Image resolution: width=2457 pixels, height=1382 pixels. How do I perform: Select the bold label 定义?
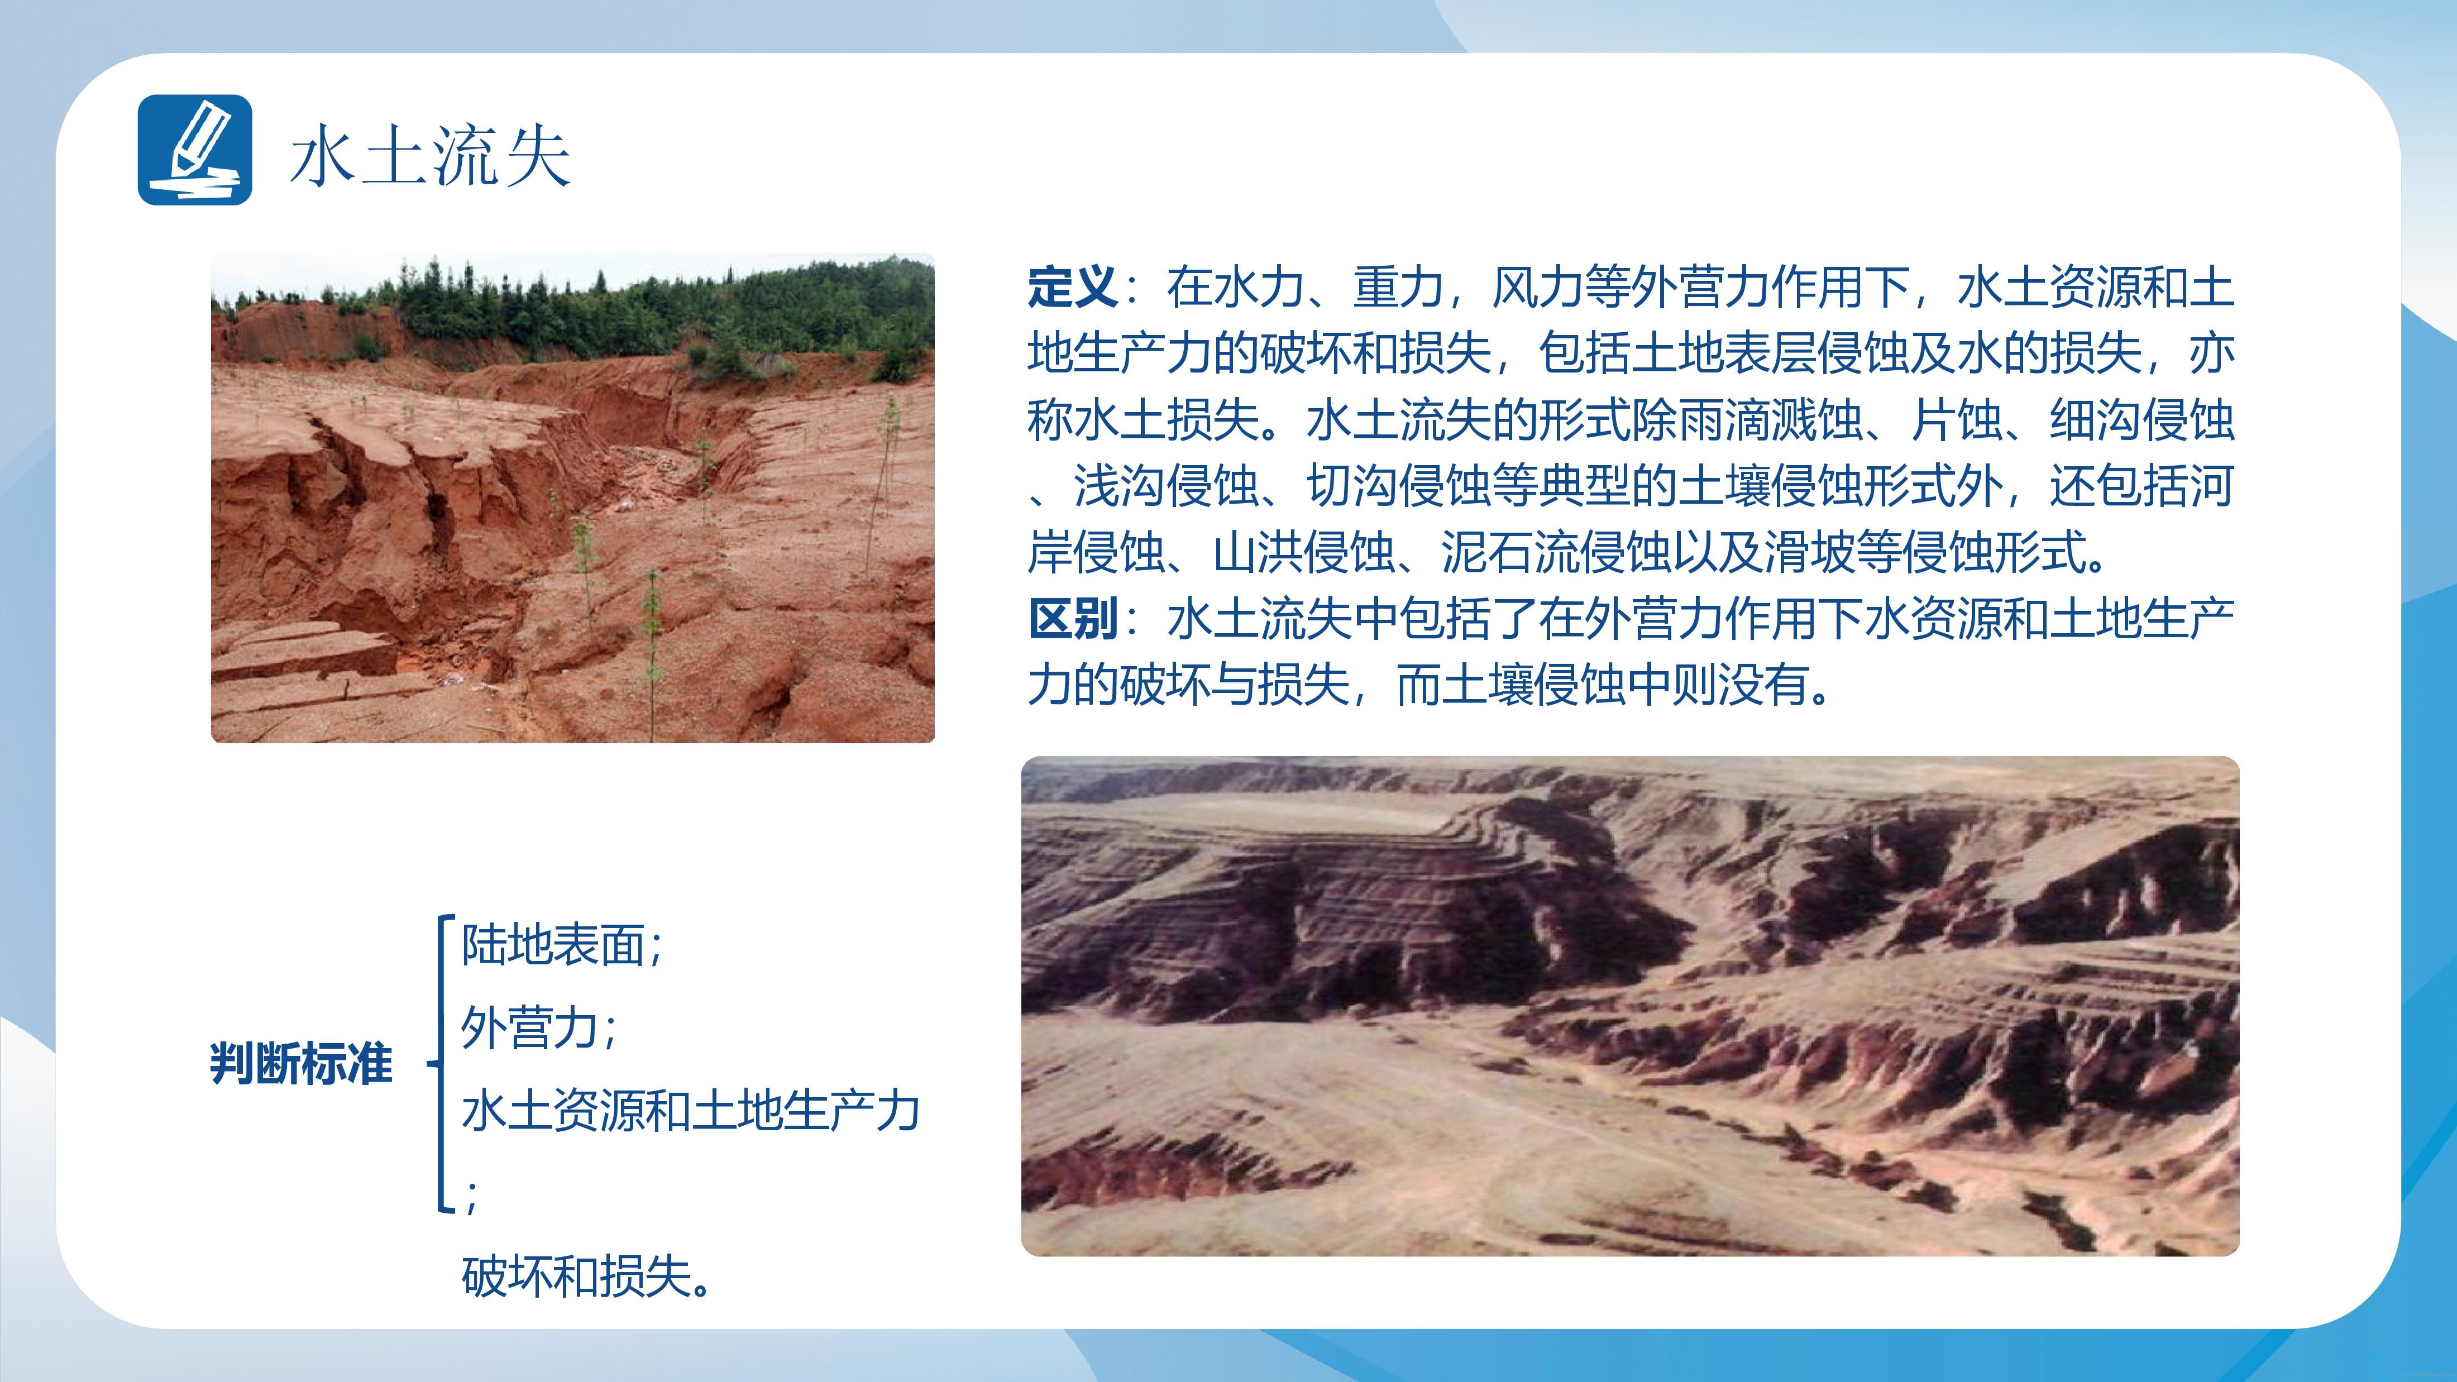pyautogui.click(x=1072, y=287)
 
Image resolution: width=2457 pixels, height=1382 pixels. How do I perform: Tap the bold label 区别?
pyautogui.click(x=1072, y=619)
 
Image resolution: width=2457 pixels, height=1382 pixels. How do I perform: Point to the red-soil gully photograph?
pyautogui.click(x=572, y=498)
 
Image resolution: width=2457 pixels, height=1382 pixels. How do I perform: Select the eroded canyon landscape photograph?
pyautogui.click(x=1630, y=1005)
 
